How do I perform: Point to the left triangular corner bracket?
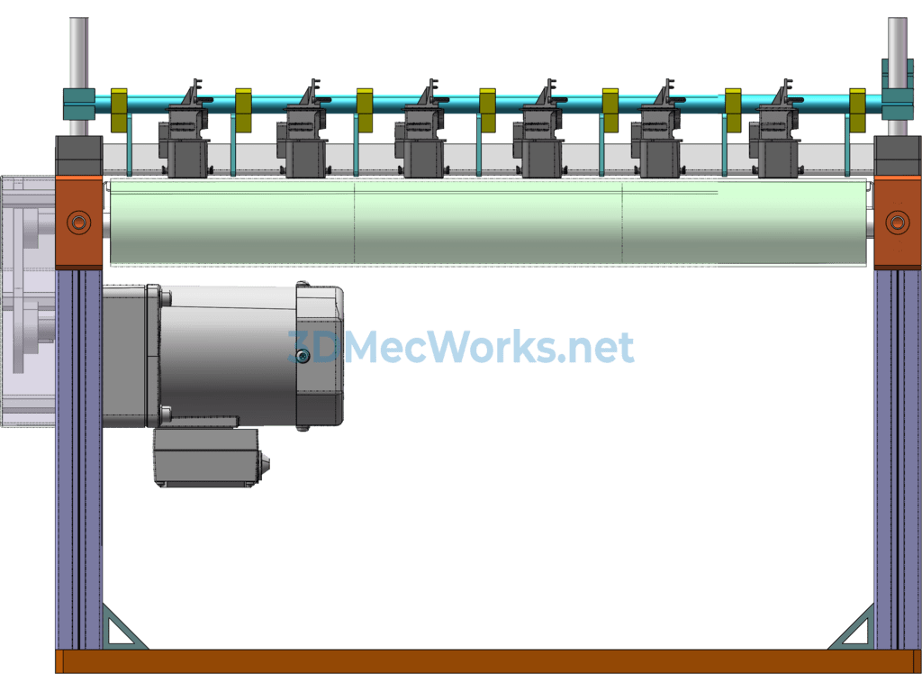[x=122, y=628]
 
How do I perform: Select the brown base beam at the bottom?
[x=486, y=661]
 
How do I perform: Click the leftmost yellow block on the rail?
[x=119, y=110]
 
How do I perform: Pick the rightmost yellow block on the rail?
[x=857, y=110]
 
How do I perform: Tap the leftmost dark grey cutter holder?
[x=186, y=140]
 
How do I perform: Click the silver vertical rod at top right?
[x=898, y=50]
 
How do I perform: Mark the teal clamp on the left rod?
[x=78, y=103]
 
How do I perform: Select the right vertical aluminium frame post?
[x=898, y=460]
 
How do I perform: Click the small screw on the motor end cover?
[x=303, y=357]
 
